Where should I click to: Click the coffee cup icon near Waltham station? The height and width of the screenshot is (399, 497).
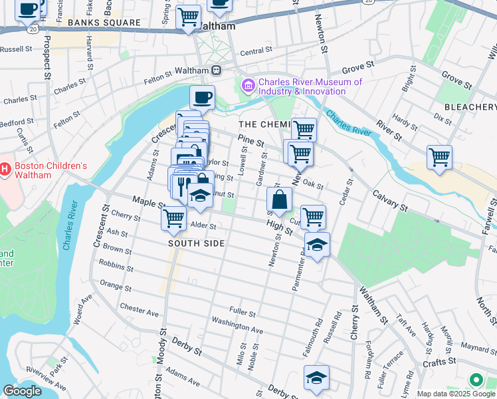click(202, 98)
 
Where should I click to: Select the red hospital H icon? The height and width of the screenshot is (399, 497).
click(5, 170)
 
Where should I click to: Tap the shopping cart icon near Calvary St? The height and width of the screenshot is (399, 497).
click(439, 158)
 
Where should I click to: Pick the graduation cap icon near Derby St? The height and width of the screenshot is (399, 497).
click(316, 378)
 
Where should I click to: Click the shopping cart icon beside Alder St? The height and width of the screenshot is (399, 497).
click(173, 217)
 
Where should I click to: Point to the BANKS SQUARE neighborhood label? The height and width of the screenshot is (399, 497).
click(104, 23)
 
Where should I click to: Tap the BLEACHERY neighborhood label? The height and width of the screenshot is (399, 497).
click(470, 107)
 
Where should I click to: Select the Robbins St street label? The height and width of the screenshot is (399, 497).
click(116, 267)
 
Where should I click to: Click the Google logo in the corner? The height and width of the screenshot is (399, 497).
click(22, 391)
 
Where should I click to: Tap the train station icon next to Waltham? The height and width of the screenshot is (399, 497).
click(216, 70)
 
